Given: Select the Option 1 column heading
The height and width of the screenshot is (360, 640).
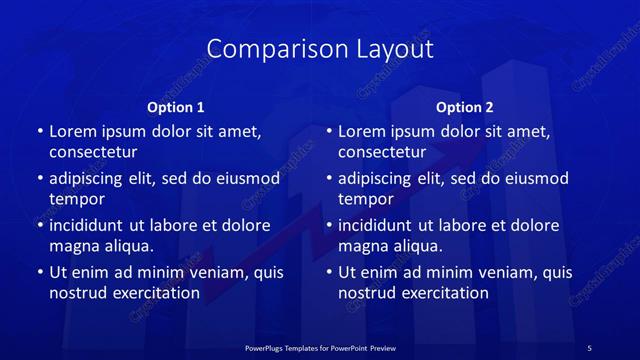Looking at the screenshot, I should pos(176,107).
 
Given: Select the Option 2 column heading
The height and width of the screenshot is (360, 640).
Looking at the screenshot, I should pos(465,107).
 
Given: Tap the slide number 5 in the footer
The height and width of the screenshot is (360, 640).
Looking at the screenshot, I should pos(589,347).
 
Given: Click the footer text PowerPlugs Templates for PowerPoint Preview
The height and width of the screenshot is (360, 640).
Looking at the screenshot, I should pos(319,347).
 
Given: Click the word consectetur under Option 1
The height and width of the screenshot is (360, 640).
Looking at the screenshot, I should pos(93,152).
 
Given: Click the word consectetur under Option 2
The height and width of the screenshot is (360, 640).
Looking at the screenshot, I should pos(382,152).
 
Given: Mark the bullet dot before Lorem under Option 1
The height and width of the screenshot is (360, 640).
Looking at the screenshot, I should pos(39,132).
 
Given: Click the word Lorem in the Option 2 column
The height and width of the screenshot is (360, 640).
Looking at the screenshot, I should pos(361,131).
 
